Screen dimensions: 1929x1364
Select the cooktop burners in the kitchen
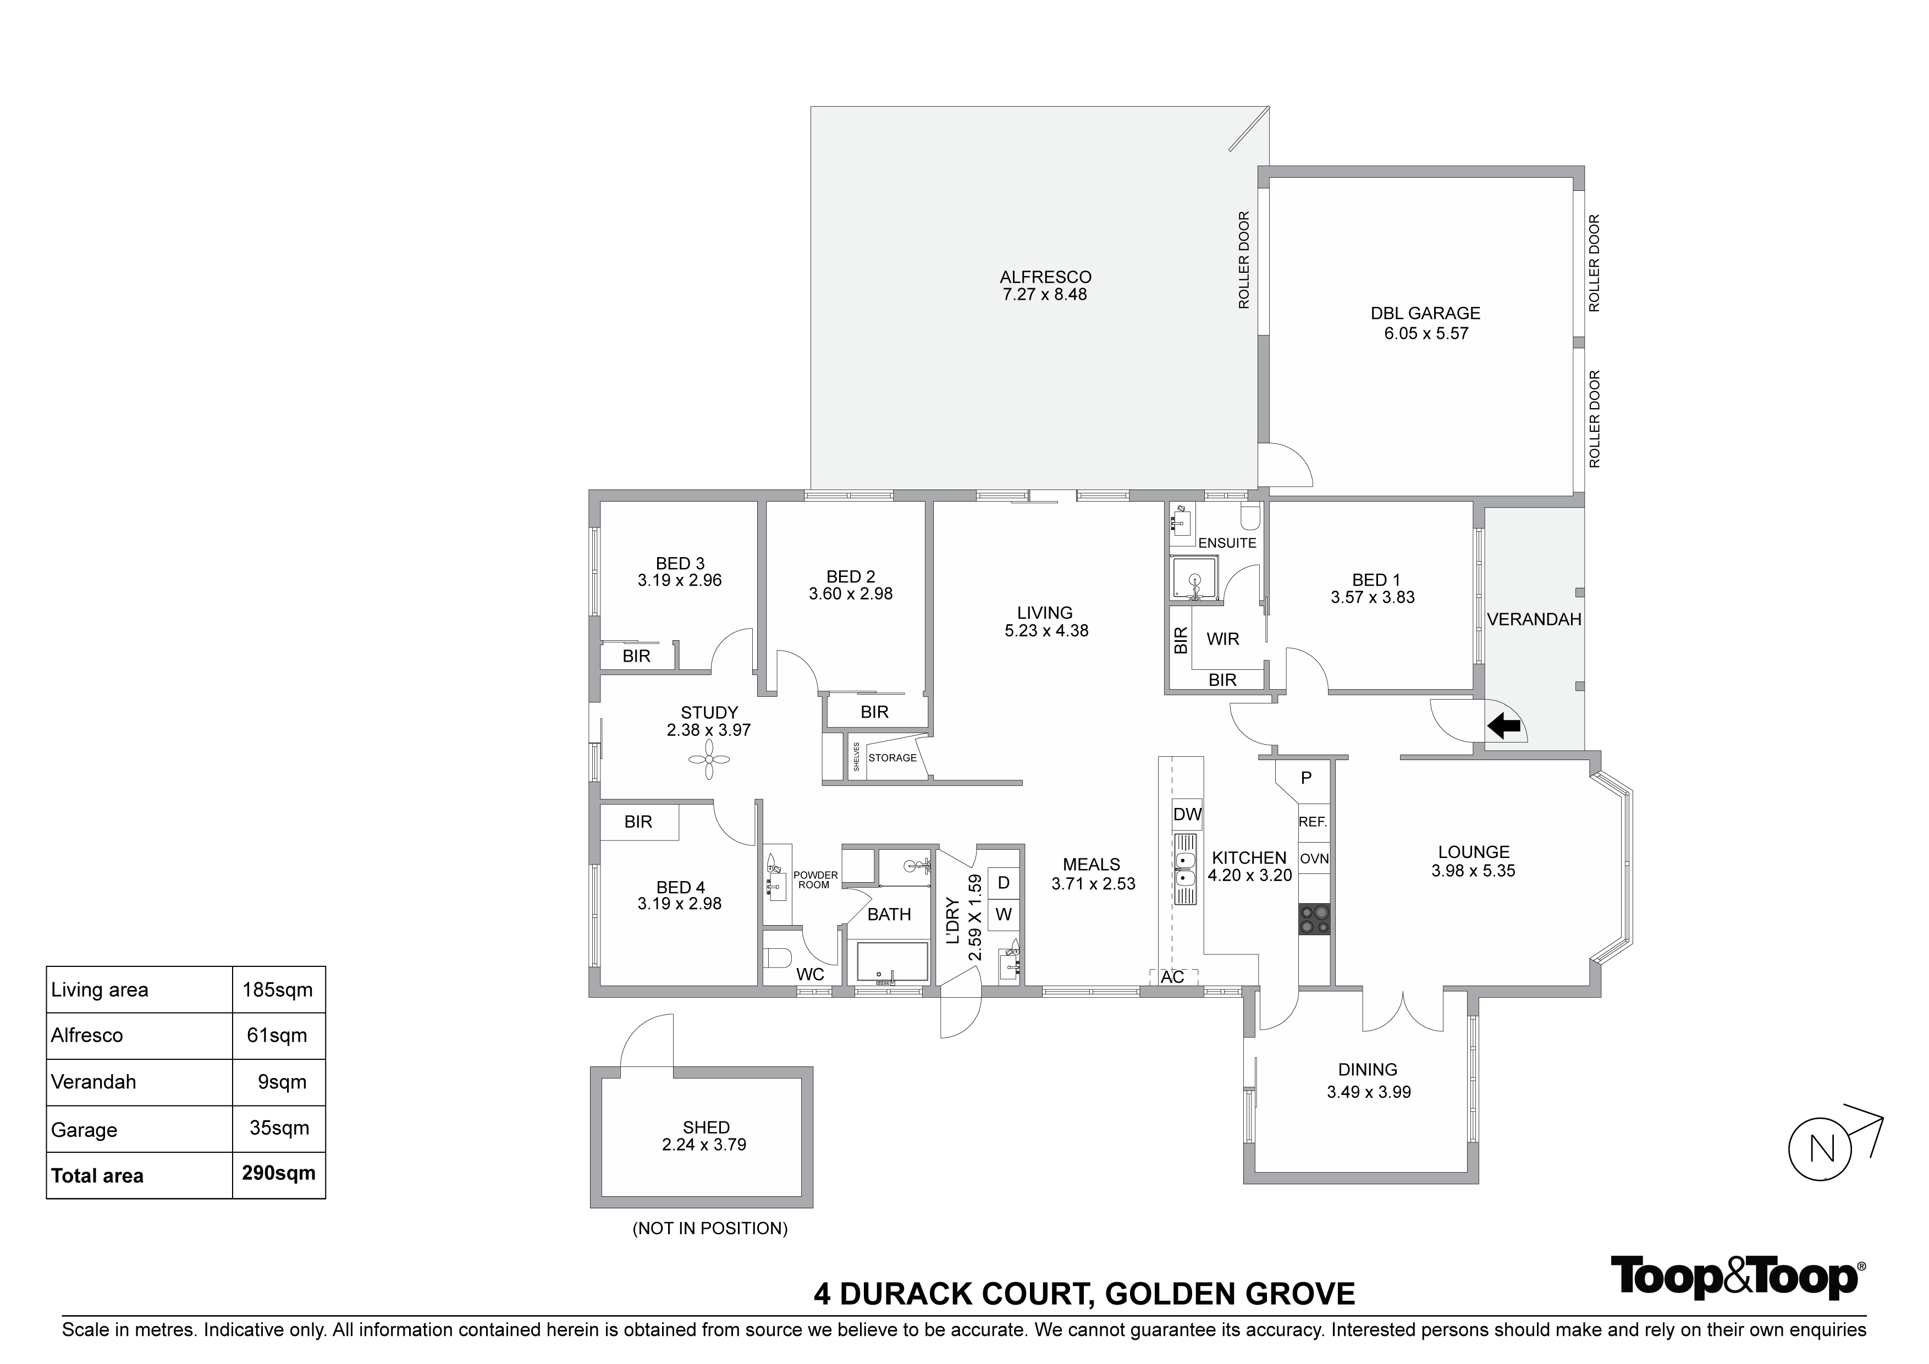(x=1314, y=919)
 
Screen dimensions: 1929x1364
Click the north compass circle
(x=1821, y=1149)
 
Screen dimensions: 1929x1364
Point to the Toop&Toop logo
(x=1735, y=1278)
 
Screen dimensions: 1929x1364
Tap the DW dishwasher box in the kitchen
(x=1187, y=813)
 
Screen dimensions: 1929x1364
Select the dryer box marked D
(x=1003, y=882)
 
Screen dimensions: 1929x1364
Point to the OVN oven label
(x=1314, y=858)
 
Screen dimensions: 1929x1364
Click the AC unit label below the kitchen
(x=1173, y=977)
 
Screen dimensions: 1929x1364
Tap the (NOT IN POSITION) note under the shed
(x=710, y=1228)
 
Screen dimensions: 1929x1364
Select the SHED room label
(x=706, y=1127)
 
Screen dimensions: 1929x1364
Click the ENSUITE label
(x=1227, y=543)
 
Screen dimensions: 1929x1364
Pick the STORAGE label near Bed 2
(x=892, y=757)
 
